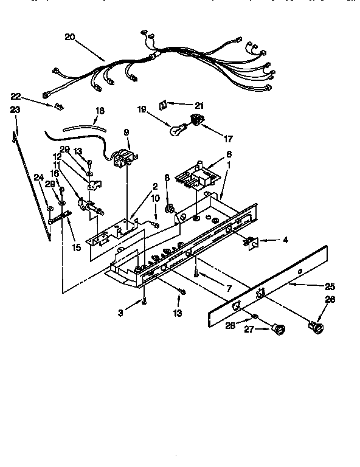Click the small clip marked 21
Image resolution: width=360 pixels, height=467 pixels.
(x=162, y=105)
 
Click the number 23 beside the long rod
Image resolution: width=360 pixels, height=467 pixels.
(x=15, y=110)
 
